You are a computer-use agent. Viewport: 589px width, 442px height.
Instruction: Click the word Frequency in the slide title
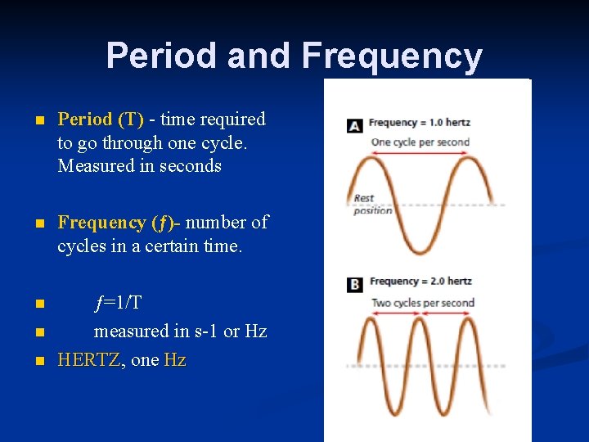click(x=392, y=56)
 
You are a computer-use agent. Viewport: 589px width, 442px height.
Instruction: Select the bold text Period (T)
click(x=101, y=120)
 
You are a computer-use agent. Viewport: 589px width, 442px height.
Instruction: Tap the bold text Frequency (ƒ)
click(x=113, y=223)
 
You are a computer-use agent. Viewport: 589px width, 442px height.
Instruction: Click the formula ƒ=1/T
click(x=118, y=303)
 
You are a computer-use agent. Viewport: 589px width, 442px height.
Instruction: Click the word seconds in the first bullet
click(x=191, y=166)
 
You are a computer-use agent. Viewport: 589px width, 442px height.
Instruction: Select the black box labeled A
click(x=354, y=125)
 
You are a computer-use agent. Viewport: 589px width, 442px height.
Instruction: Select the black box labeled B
click(x=354, y=285)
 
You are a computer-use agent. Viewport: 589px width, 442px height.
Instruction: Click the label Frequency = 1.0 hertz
click(x=419, y=123)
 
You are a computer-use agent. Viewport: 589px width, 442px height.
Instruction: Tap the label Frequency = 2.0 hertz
click(x=420, y=282)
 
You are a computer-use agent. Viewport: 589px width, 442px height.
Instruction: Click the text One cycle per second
click(x=420, y=142)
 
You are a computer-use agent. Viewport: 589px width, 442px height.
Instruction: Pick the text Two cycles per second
click(x=423, y=303)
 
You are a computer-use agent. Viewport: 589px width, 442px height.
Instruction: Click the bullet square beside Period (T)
click(x=38, y=120)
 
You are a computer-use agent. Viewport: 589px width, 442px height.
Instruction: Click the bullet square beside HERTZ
click(x=38, y=361)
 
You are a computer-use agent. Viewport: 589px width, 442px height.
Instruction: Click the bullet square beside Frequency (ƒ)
click(x=38, y=223)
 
